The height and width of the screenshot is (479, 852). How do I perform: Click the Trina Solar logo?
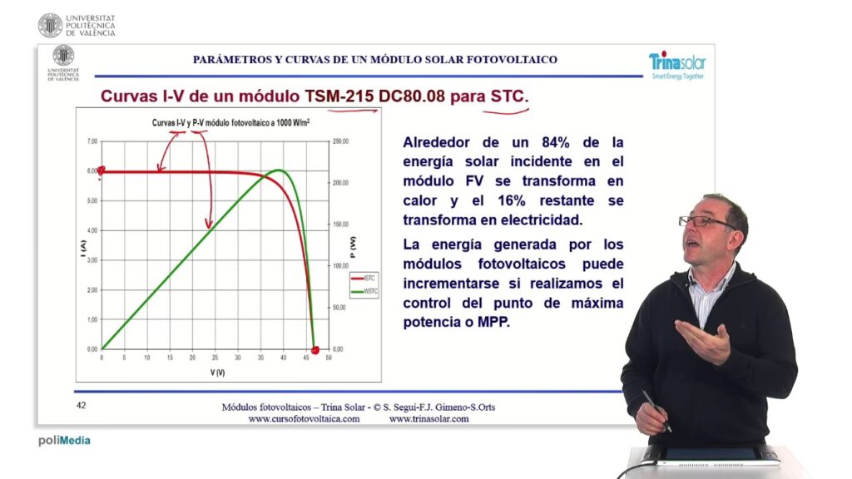(676, 65)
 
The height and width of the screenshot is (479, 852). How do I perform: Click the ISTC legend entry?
(363, 278)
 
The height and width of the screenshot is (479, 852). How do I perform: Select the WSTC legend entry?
(363, 292)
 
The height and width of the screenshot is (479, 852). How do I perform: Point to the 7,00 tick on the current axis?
(92, 141)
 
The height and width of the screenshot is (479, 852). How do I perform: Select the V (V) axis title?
(217, 372)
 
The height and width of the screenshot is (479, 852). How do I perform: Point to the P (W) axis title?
(353, 244)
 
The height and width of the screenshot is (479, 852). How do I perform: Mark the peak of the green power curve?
(280, 170)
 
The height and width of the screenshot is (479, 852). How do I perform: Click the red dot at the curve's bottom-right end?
(315, 349)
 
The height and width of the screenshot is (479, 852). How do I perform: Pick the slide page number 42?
(82, 406)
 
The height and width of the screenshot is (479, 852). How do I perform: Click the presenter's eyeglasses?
(697, 221)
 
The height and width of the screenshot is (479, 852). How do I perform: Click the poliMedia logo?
(64, 441)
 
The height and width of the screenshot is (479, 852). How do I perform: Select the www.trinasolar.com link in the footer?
(428, 419)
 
